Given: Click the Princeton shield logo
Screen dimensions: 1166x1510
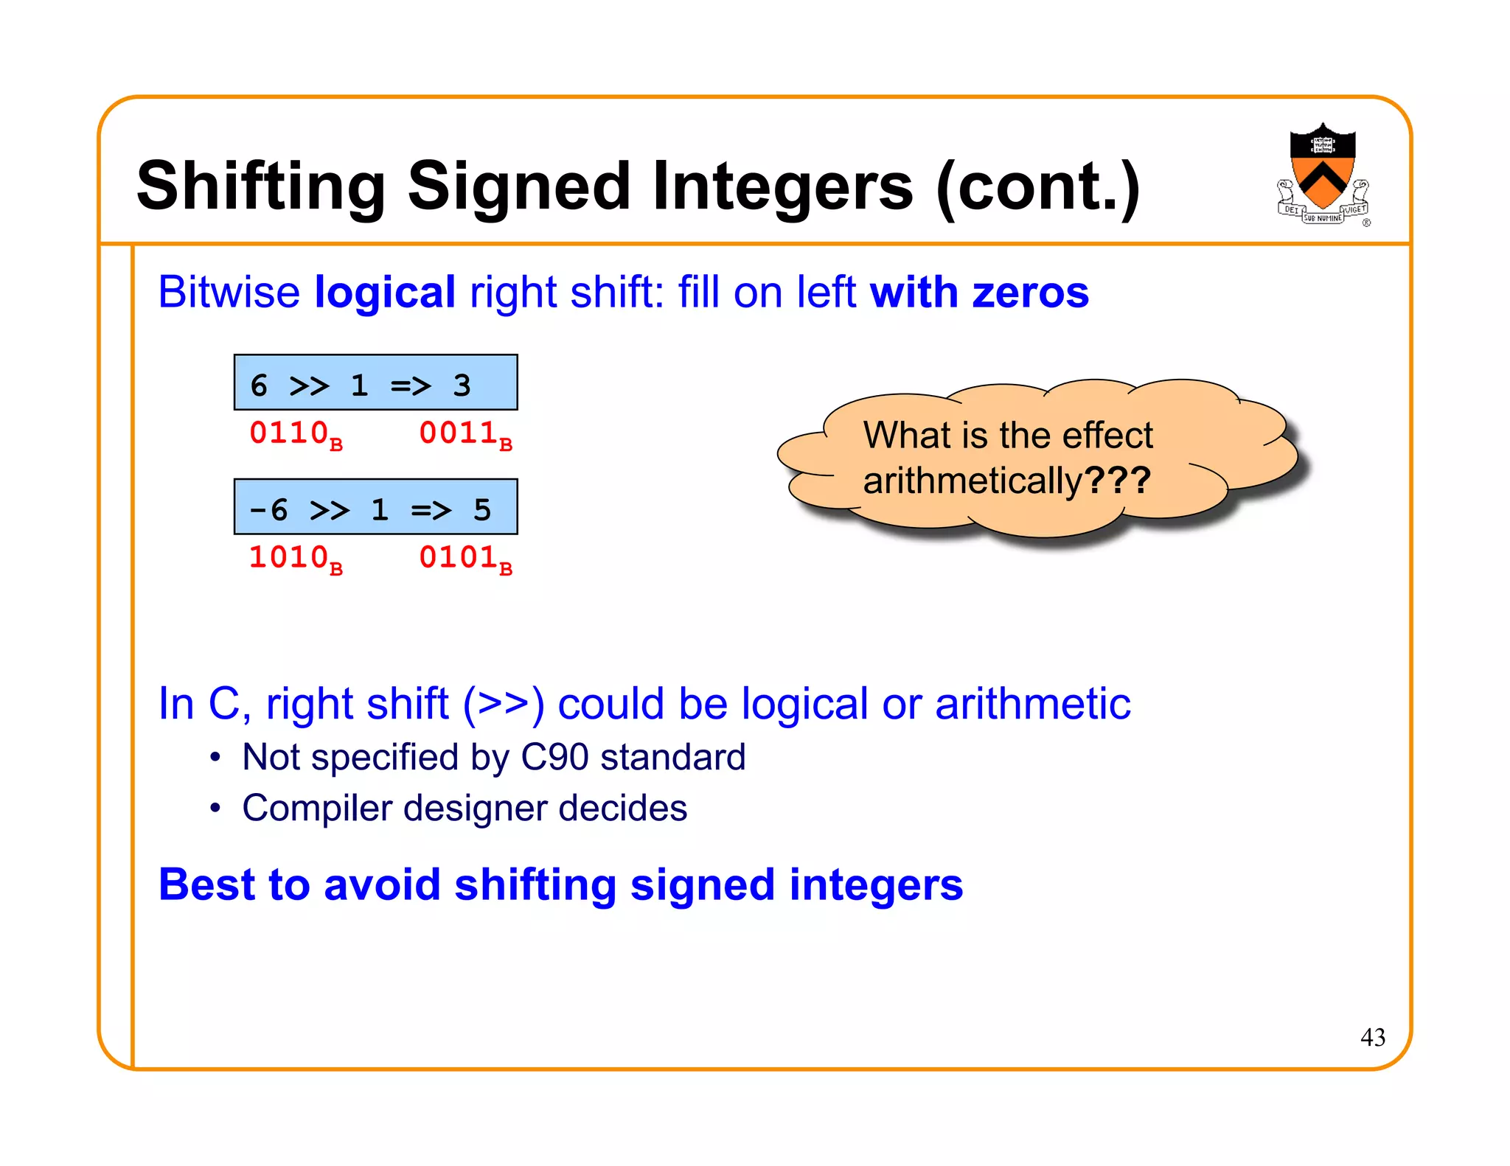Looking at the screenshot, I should click(x=1323, y=175).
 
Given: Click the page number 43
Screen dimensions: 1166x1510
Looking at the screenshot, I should click(x=1372, y=1037).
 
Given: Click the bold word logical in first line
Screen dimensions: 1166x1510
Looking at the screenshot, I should click(x=384, y=293).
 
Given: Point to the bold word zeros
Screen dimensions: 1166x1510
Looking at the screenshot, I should click(x=1030, y=293).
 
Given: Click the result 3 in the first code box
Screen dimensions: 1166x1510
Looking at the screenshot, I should click(x=462, y=385).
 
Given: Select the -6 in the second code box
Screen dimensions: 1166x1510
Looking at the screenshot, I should click(x=268, y=509).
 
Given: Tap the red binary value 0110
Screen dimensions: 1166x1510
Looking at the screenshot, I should click(x=289, y=433).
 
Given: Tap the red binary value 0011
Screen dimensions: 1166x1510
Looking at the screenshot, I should click(x=458, y=433).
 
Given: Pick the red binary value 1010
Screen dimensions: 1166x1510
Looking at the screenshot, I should click(x=289, y=557).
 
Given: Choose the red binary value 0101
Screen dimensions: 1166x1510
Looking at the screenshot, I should click(x=458, y=557).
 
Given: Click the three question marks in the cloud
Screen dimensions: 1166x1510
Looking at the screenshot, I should click(x=1118, y=481).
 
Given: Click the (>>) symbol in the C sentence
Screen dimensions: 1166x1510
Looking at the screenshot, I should click(x=504, y=704).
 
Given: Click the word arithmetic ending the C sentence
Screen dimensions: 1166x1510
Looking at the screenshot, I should click(x=1032, y=704).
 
